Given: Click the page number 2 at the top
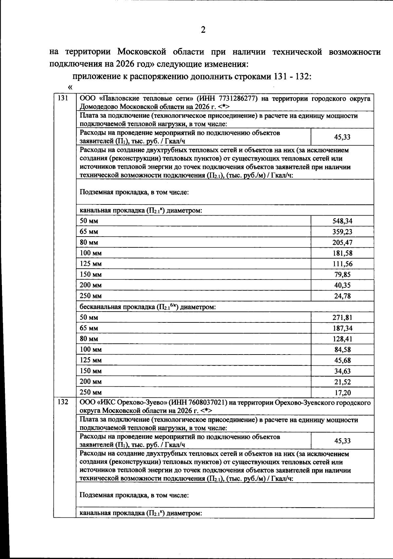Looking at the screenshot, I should click(203, 30).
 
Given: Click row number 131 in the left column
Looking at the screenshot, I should click(63, 98).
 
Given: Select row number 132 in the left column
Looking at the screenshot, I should click(63, 402).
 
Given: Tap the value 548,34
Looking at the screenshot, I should click(342, 221).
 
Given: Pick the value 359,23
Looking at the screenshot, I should click(342, 232).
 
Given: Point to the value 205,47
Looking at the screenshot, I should click(342, 243).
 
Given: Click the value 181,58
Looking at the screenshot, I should click(342, 253).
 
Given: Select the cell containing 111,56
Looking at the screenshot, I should click(342, 264).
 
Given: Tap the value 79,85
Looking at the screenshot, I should click(342, 275).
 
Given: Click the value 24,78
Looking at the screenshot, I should click(342, 296).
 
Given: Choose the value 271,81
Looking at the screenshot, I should click(342, 318).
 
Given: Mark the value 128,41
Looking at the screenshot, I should click(342, 339).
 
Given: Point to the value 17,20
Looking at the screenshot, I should click(342, 393).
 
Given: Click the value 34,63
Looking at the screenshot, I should click(342, 371).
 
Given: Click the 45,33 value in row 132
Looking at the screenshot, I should click(342, 441).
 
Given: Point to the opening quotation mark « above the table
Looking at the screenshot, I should click(70, 87).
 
